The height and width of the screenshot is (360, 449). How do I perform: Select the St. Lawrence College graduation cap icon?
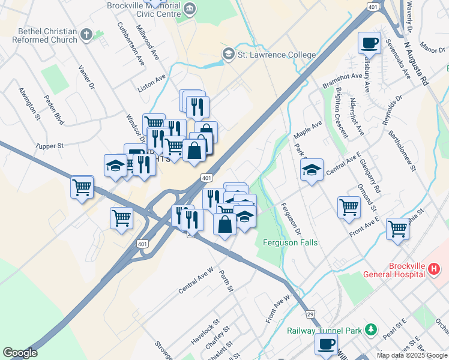pos(228,55)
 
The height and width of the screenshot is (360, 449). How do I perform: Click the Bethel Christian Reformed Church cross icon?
pos(86,35)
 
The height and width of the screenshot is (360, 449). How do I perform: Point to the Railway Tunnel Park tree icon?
pos(371,329)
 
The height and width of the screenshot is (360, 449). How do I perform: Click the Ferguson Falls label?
pos(290,242)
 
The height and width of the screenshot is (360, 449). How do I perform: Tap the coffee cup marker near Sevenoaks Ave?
pos(369,43)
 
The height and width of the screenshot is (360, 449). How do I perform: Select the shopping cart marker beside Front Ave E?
pos(349,207)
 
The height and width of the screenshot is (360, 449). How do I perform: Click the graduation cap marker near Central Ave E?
pos(312,170)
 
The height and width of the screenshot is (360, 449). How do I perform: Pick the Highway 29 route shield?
pos(310,314)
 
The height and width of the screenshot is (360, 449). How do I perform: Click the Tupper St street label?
pos(49,146)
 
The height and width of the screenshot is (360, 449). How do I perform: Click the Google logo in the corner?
pos(20,353)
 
